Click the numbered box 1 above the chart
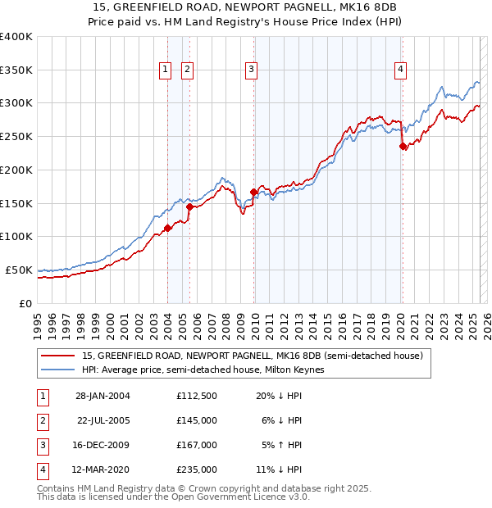click(166, 70)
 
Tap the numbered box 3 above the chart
click(251, 70)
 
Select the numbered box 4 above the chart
click(400, 70)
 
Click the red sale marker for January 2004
click(167, 229)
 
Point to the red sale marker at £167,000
click(253, 193)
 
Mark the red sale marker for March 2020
click(403, 147)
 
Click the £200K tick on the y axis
click(16, 170)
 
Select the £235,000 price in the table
click(196, 469)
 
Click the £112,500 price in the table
click(196, 396)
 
